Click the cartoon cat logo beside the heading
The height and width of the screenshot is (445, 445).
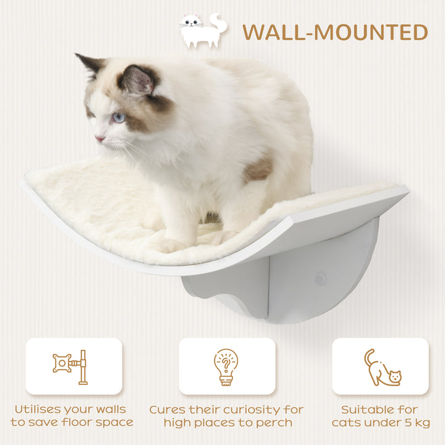(x=203, y=30)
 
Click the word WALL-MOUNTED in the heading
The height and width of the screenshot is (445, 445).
(x=335, y=32)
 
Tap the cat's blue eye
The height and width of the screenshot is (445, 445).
(x=118, y=117)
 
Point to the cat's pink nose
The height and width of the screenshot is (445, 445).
(x=99, y=139)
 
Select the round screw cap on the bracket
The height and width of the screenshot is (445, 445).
(x=320, y=279)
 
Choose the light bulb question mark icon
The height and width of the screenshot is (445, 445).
(x=226, y=367)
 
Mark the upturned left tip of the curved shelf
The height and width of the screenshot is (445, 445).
(x=26, y=182)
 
